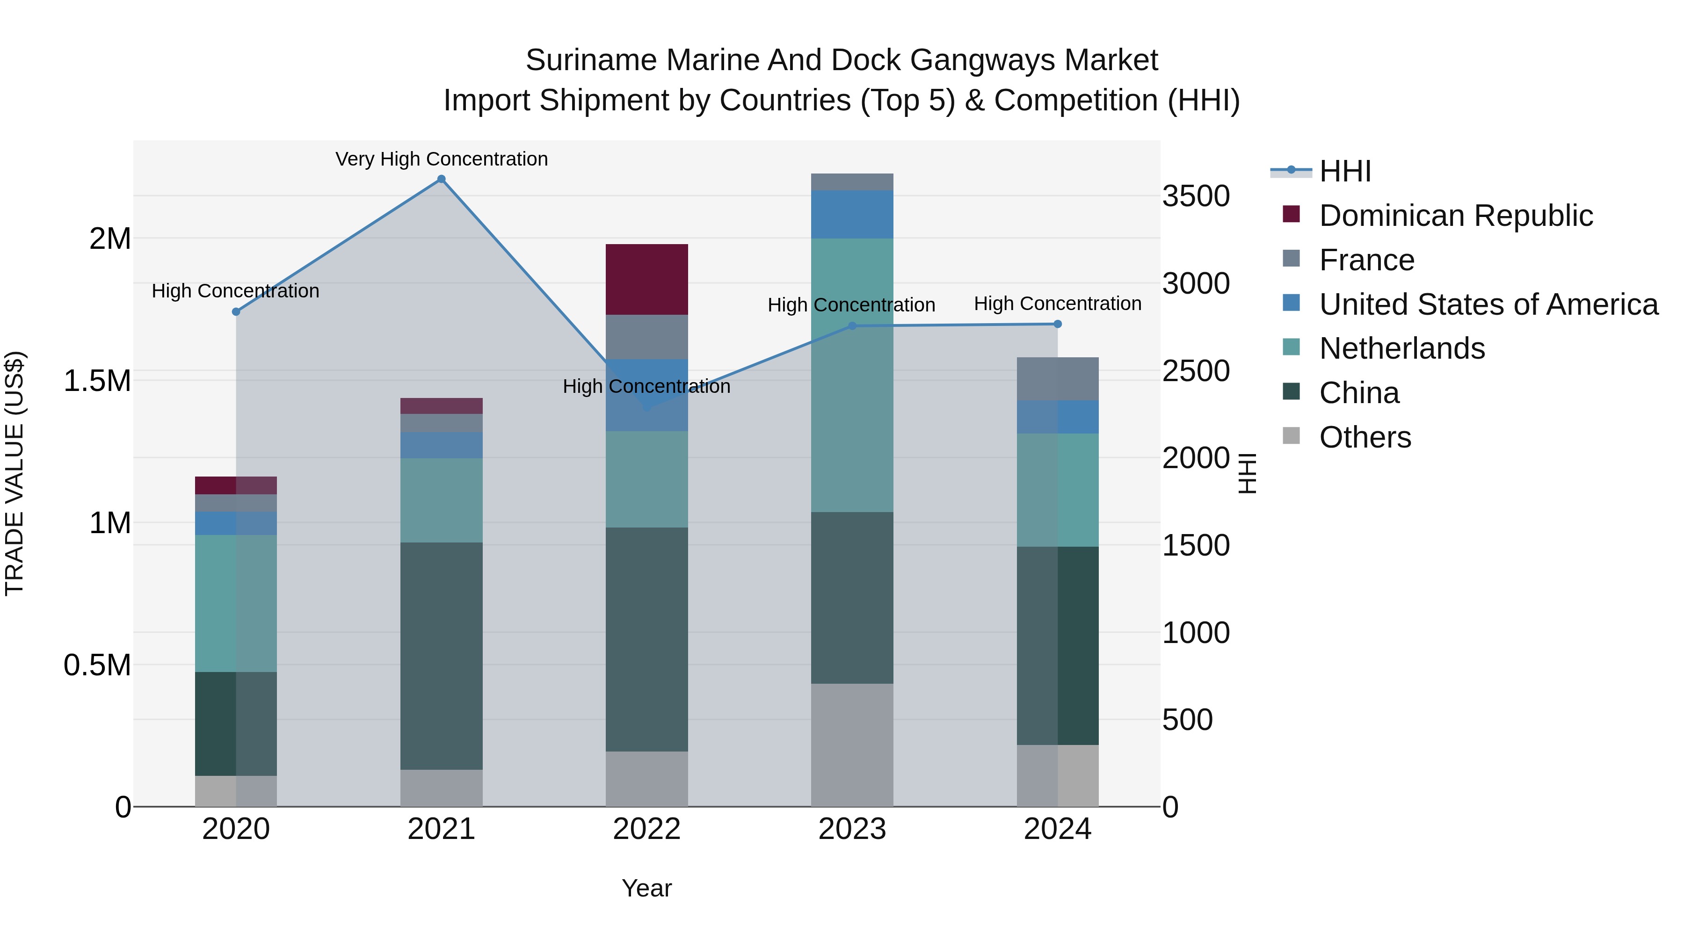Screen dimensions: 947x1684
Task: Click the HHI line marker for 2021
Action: coord(441,179)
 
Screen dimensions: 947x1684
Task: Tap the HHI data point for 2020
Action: coord(236,312)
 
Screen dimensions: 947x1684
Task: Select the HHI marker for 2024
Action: coord(1058,324)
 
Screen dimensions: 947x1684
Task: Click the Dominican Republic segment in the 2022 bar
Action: coord(646,280)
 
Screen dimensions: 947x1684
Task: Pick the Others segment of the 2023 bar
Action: coord(852,745)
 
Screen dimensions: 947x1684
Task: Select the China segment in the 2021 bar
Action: coord(441,656)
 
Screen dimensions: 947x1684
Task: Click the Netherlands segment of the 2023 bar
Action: coord(852,375)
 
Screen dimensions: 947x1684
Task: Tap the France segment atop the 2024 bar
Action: coord(1058,379)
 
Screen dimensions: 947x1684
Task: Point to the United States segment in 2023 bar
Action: coord(852,214)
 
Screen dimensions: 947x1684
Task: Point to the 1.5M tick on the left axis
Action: coord(97,380)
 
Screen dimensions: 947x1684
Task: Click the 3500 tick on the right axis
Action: coord(1196,196)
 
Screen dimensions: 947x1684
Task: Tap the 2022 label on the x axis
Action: coord(646,829)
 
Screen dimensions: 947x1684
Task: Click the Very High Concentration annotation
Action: coord(441,159)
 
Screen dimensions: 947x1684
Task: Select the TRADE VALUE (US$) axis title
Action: coord(15,473)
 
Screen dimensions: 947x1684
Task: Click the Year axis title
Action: coord(646,888)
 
